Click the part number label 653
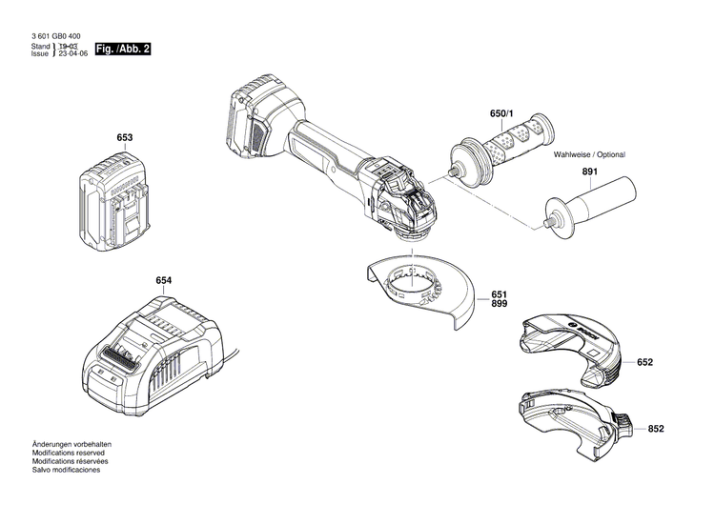(124, 138)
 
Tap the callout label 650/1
(501, 113)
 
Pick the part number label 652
(645, 362)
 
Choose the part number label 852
(655, 430)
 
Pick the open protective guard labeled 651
(419, 291)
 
